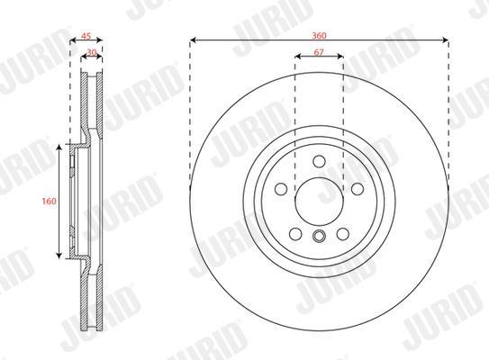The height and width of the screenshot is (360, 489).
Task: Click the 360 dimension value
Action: (319, 35)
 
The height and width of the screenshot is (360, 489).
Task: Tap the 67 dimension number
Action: (319, 52)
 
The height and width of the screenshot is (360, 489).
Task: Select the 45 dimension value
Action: (86, 36)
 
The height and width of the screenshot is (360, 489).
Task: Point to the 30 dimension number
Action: (91, 52)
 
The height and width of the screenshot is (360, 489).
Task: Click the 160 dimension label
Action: (50, 201)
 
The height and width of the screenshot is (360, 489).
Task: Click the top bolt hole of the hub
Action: (319, 161)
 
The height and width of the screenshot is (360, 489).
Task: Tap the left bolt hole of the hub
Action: (281, 189)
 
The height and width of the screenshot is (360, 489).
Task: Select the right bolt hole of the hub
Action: (358, 189)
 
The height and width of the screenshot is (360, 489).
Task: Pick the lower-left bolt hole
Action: (295, 234)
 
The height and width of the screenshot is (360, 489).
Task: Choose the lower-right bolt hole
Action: (343, 234)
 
